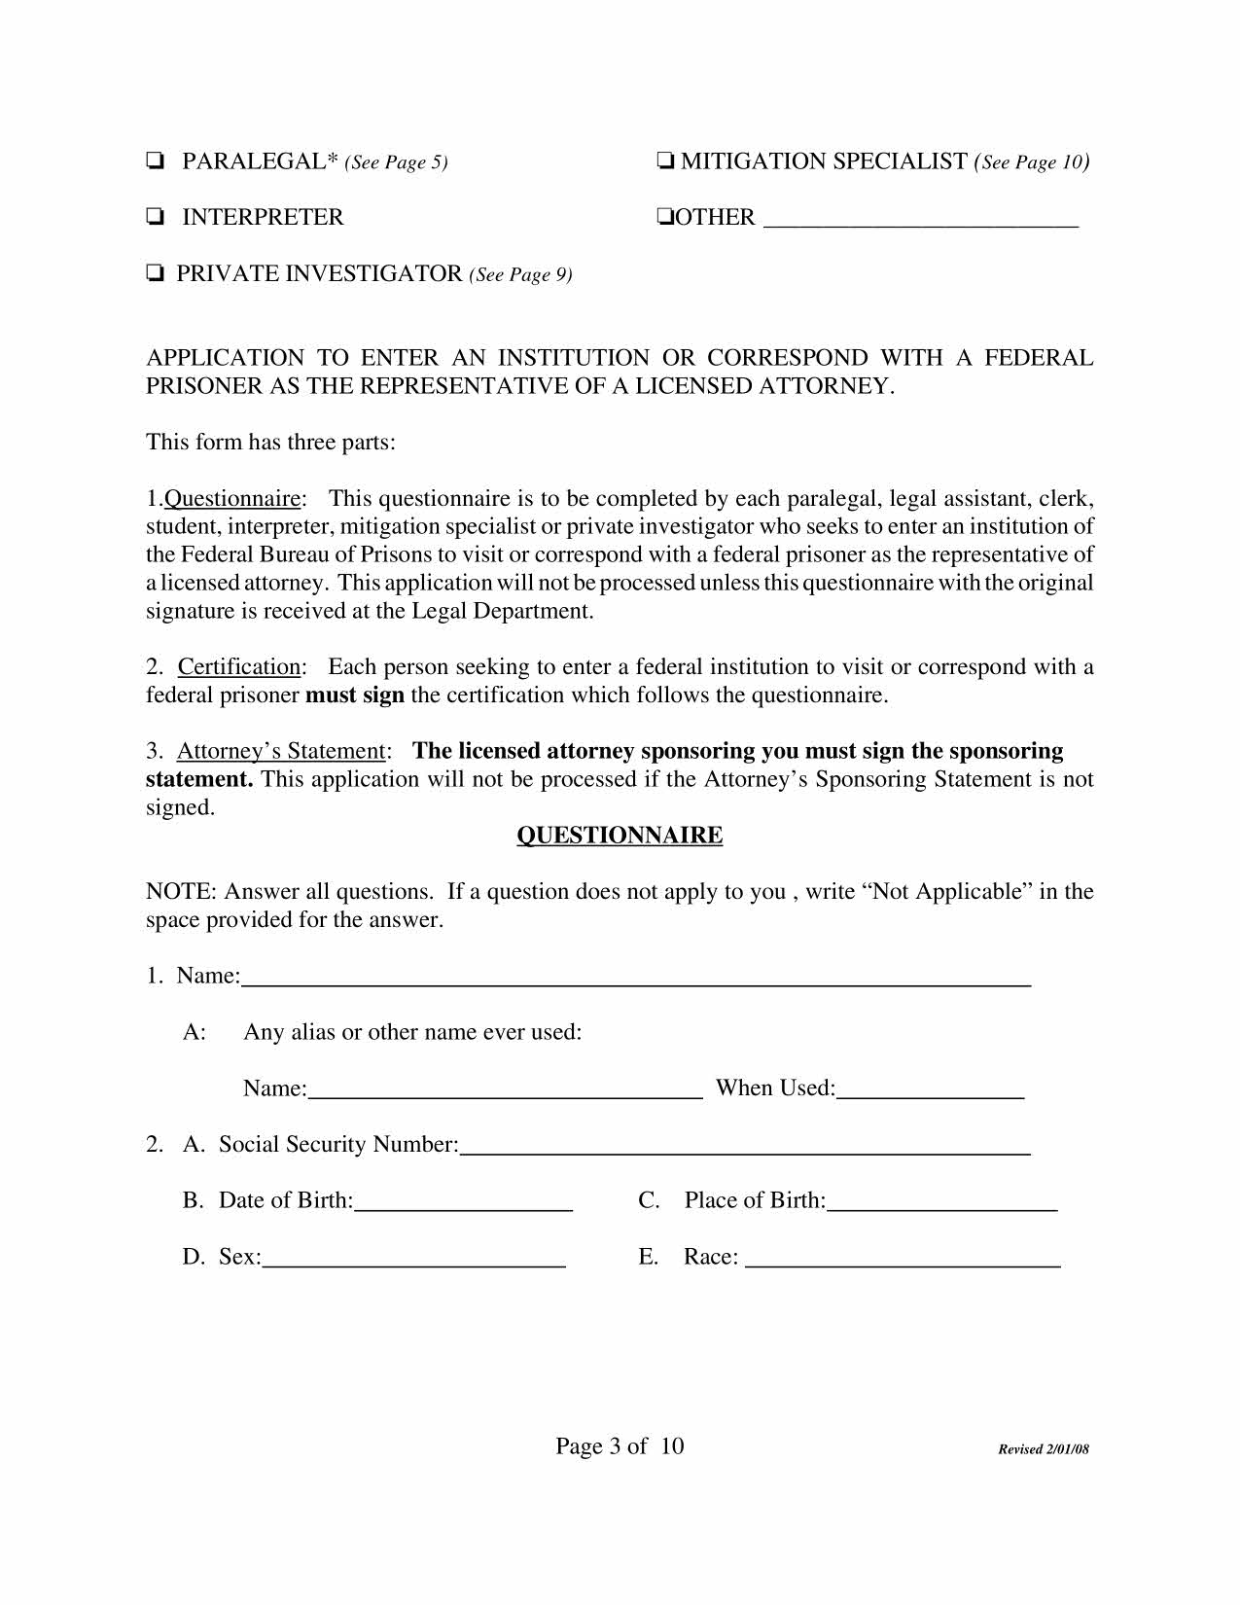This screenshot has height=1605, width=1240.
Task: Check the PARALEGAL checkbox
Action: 154,161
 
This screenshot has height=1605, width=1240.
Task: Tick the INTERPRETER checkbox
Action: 154,218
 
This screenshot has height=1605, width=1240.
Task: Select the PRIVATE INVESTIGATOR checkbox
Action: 154,274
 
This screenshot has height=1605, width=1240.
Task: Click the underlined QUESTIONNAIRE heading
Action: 620,836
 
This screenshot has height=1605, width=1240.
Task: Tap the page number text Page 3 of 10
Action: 620,1446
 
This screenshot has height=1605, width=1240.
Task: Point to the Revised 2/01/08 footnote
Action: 1044,1449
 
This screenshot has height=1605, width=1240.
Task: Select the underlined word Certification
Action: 239,667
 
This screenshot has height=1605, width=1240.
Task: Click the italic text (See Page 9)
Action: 520,275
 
